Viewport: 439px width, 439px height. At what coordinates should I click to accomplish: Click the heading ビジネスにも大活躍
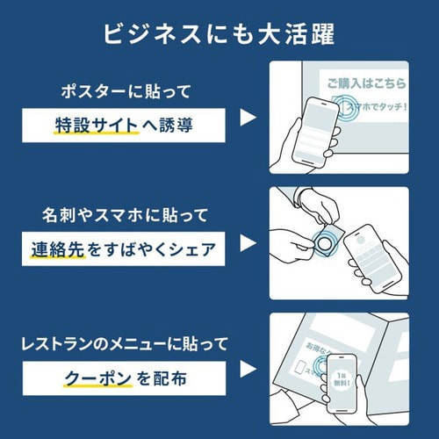(219, 32)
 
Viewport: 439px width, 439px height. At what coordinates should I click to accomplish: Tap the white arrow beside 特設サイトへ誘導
(248, 118)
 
